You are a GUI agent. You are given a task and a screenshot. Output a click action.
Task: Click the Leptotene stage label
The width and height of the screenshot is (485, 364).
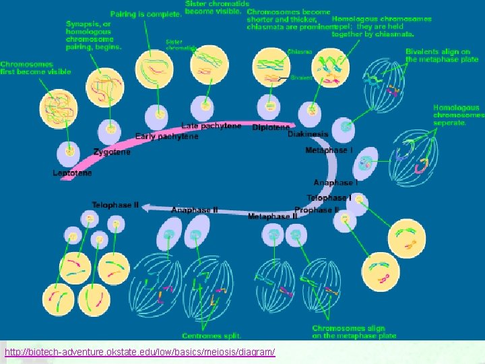[73, 173]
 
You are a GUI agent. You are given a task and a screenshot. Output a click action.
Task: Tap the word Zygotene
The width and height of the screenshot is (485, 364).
[112, 152]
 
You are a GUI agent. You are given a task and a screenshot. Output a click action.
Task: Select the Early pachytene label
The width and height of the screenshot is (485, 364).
[167, 136]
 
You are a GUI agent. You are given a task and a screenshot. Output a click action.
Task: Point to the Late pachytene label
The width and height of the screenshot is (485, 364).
[212, 126]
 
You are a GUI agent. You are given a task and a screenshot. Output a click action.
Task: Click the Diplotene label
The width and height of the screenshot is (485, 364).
[271, 127]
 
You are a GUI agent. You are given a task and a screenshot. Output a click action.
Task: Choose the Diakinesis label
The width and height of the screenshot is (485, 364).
[308, 134]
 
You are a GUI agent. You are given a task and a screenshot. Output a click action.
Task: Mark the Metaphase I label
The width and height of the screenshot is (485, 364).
[328, 150]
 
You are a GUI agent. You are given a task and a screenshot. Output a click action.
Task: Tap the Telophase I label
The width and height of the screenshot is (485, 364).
[329, 198]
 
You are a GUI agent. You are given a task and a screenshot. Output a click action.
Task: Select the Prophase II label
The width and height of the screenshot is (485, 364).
[317, 210]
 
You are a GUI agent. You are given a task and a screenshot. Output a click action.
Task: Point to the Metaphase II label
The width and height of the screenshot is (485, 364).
[272, 216]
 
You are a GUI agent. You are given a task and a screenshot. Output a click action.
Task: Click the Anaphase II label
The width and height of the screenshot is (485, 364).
[195, 210]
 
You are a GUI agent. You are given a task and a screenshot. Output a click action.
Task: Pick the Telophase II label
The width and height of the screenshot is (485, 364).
[115, 205]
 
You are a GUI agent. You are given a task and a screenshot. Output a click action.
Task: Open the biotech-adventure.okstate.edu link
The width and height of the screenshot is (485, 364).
[139, 353]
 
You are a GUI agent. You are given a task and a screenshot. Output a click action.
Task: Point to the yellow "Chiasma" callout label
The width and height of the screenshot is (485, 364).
[300, 51]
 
